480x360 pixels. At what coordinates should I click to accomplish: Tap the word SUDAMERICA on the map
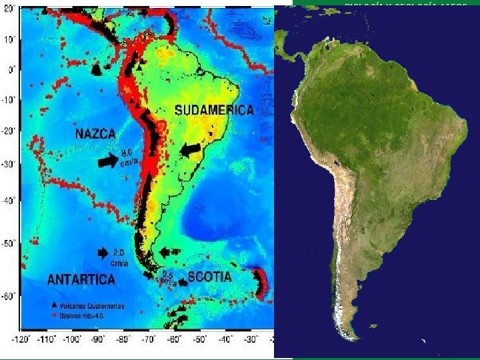pyautogui.click(x=214, y=110)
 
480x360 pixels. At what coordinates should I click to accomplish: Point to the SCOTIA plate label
pyautogui.click(x=209, y=276)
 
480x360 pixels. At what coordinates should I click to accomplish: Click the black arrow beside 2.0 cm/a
pyautogui.click(x=102, y=253)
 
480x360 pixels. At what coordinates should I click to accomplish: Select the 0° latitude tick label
pyautogui.click(x=11, y=69)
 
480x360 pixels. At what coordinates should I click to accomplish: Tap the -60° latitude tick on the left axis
pyautogui.click(x=9, y=295)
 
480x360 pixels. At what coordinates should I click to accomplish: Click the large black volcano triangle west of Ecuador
pyautogui.click(x=96, y=69)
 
